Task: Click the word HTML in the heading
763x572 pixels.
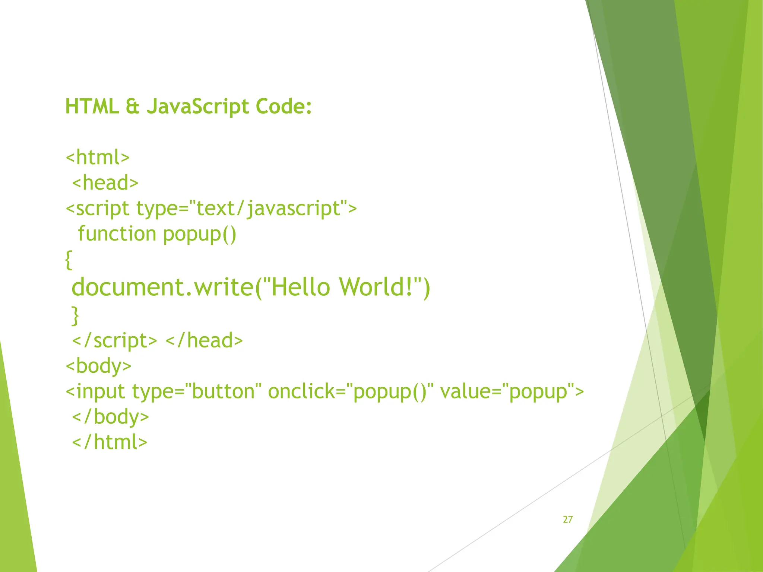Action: point(92,107)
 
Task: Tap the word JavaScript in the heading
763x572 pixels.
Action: point(197,107)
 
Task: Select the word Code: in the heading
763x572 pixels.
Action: point(283,107)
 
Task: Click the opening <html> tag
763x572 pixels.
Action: point(98,157)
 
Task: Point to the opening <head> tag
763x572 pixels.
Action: point(105,182)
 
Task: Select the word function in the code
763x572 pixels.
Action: point(117,234)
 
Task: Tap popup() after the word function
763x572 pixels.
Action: point(200,234)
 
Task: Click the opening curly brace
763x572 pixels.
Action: point(68,260)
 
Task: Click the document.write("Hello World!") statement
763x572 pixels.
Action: point(251,287)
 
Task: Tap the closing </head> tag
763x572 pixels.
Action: point(204,340)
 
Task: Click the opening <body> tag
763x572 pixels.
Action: point(98,366)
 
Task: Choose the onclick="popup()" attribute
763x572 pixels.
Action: point(351,391)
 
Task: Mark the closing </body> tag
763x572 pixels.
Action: point(110,417)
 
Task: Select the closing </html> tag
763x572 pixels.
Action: point(110,442)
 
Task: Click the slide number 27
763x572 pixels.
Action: point(568,519)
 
